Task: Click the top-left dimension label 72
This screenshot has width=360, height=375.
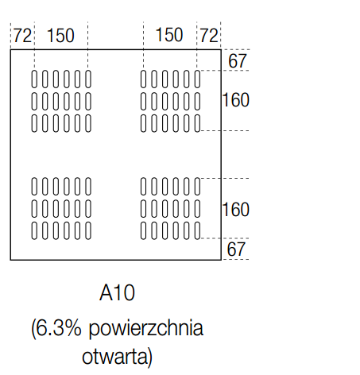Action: pos(22,36)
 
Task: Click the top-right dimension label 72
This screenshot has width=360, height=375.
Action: pos(209,36)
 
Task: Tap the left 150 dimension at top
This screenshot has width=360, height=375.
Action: pos(60,36)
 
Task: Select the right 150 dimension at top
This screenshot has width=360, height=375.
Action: pos(169,35)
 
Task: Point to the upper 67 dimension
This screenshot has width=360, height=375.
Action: pos(238,61)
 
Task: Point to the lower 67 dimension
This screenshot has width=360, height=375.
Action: pos(236,249)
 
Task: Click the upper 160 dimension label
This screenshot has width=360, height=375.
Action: pos(236,100)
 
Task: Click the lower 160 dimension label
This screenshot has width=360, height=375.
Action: pos(236,210)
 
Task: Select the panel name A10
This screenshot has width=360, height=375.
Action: pos(117,292)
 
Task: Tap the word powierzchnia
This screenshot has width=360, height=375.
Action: pos(145,329)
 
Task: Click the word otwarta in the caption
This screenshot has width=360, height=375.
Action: pos(114,356)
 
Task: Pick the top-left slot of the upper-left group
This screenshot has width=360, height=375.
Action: pos(34,79)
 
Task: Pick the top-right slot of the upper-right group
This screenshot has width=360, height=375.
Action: pos(197,79)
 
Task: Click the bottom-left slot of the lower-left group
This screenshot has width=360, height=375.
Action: pos(34,230)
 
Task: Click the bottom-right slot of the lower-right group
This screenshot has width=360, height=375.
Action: pos(197,230)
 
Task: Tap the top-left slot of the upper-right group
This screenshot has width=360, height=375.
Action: pos(143,79)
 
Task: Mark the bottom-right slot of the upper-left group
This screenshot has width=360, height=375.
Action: pos(88,123)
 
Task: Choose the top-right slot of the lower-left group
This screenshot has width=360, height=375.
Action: pos(88,187)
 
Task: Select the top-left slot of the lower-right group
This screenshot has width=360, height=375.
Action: pos(143,187)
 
